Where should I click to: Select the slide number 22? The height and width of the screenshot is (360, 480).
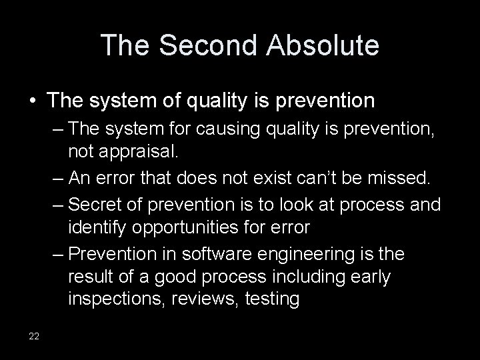tap(34, 335)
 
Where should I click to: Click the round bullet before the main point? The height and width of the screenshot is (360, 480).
tap(33, 101)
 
